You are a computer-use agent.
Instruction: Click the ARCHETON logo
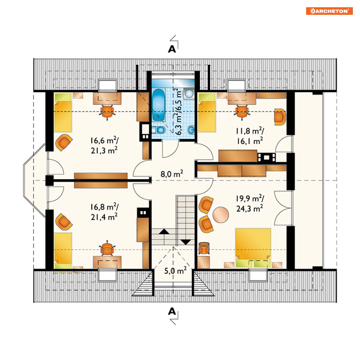click(329, 11)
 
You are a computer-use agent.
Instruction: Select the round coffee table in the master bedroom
click(221, 215)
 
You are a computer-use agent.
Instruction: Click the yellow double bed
click(253, 248)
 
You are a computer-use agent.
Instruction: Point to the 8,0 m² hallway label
click(172, 174)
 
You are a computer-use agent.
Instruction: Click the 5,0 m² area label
click(175, 271)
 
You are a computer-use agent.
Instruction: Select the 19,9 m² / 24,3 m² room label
click(250, 203)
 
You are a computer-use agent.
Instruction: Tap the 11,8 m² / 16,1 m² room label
click(250, 136)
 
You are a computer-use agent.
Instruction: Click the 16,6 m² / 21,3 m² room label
click(104, 145)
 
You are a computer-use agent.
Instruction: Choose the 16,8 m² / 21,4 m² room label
click(104, 212)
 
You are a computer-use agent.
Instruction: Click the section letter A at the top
click(172, 49)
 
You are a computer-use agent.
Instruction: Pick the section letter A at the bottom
click(172, 311)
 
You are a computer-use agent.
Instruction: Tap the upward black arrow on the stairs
click(164, 232)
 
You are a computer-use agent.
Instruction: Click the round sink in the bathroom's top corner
click(189, 94)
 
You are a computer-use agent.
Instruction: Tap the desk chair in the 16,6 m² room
click(107, 112)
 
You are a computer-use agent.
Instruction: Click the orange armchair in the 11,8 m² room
click(280, 117)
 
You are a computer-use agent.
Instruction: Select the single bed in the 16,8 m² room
click(63, 250)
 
